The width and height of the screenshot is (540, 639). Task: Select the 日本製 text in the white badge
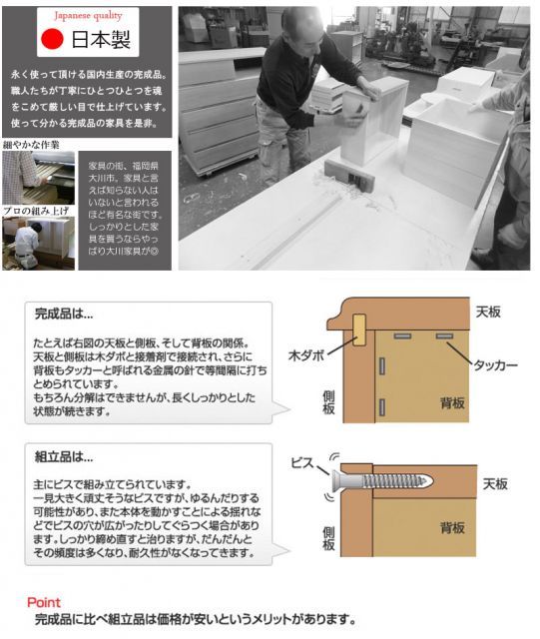coord(99,41)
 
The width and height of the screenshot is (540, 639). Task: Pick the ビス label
coord(303,465)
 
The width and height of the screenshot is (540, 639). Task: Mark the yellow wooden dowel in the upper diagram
coord(358,329)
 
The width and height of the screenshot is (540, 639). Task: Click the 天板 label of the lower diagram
coord(496,484)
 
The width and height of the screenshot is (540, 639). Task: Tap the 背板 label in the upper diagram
coord(452,403)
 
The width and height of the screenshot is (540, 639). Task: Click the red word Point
coord(44,602)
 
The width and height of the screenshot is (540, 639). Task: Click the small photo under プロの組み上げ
coord(38,243)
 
